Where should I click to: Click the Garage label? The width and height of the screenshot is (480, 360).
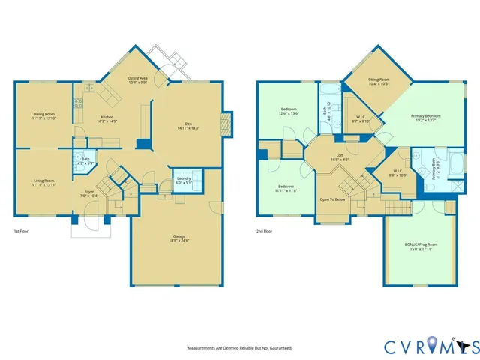tap(177, 238)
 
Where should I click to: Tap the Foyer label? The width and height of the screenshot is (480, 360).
tap(89, 193)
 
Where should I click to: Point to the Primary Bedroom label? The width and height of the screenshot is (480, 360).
tap(425, 118)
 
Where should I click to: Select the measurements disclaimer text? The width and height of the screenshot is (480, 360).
tap(239, 348)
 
